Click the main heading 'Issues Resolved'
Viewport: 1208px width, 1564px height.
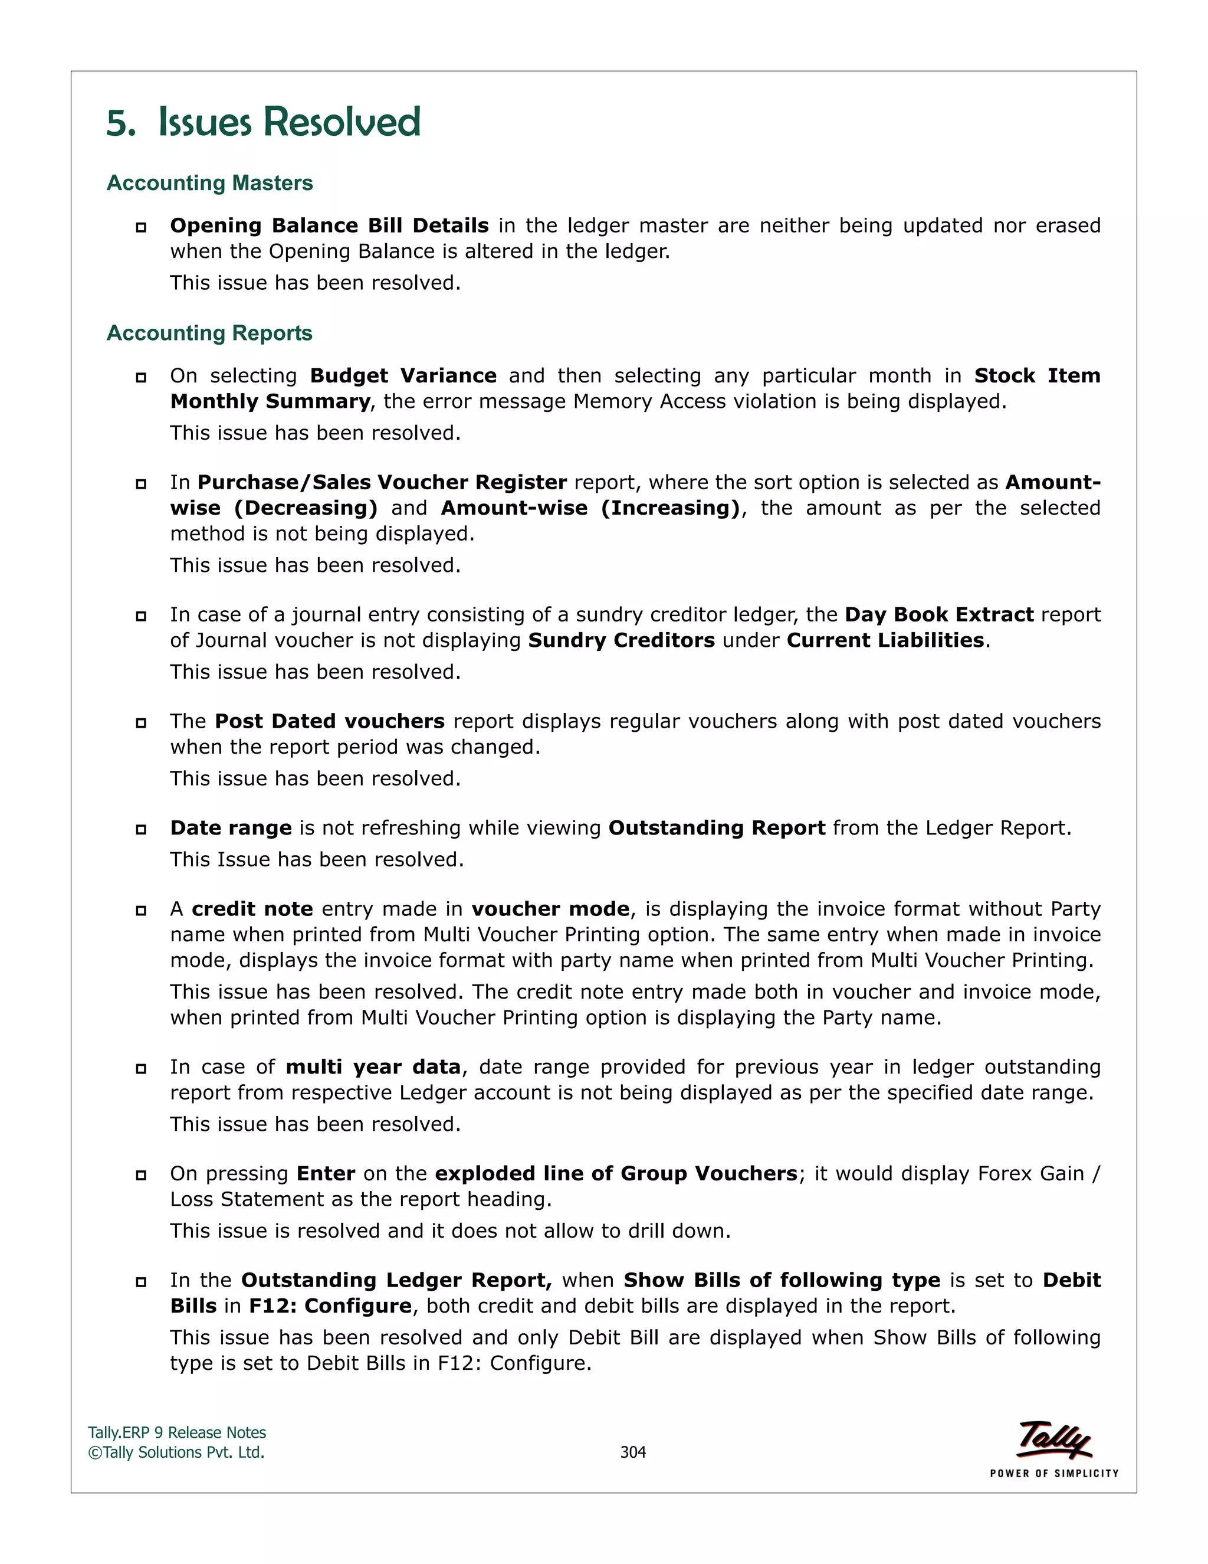coord(288,122)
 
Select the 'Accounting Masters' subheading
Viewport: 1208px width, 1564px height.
coord(209,184)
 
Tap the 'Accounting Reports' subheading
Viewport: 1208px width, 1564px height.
coord(209,333)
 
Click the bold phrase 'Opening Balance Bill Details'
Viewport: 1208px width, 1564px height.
coord(329,225)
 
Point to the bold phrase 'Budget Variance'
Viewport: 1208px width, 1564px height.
coord(403,376)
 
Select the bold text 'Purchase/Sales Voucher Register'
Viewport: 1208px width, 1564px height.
coord(382,483)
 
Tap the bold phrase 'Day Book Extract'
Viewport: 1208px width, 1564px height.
coord(939,615)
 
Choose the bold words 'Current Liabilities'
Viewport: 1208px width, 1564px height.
coord(885,640)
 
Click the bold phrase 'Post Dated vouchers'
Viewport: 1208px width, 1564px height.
coord(329,721)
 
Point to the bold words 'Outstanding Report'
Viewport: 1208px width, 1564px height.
coord(716,828)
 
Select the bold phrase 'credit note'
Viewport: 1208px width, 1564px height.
coord(252,909)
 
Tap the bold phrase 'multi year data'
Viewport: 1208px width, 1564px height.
coord(373,1067)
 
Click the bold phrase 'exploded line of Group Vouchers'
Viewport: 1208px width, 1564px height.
coord(615,1174)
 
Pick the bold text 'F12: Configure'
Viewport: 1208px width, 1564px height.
coord(330,1306)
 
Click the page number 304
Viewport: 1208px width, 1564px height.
coord(633,1452)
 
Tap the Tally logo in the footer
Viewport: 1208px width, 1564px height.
coord(1053,1440)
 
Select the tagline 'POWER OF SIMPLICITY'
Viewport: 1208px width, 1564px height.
coord(1053,1474)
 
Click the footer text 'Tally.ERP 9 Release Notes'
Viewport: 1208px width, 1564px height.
coord(177,1433)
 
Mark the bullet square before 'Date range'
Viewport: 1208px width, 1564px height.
coord(141,829)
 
